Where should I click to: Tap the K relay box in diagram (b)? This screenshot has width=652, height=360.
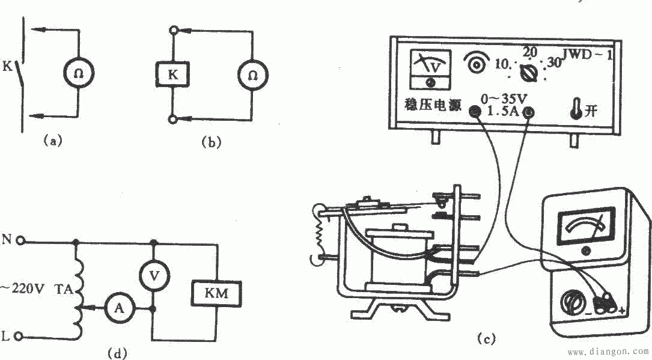pyautogui.click(x=172, y=75)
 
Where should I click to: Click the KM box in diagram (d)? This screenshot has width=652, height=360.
pyautogui.click(x=216, y=293)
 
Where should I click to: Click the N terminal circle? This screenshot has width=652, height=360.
pyautogui.click(x=20, y=241)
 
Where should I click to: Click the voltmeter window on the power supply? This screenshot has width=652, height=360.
pyautogui.click(x=430, y=70)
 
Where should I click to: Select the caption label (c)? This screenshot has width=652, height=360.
pyautogui.click(x=486, y=339)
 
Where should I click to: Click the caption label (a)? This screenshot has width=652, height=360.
pyautogui.click(x=52, y=141)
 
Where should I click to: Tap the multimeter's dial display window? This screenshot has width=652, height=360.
pyautogui.click(x=586, y=227)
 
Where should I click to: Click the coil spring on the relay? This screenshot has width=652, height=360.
pyautogui.click(x=319, y=233)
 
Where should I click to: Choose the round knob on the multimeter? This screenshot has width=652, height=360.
pyautogui.click(x=572, y=302)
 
